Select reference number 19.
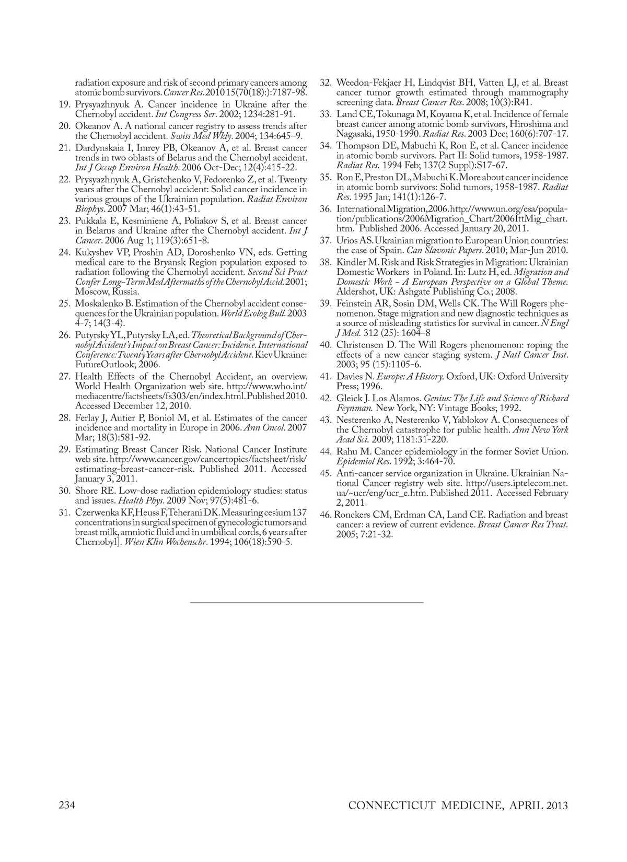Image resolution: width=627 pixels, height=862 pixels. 64,104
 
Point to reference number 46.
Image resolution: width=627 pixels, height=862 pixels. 326,515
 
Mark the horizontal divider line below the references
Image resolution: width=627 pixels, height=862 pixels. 307,602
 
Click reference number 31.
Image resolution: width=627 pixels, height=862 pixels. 64,512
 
